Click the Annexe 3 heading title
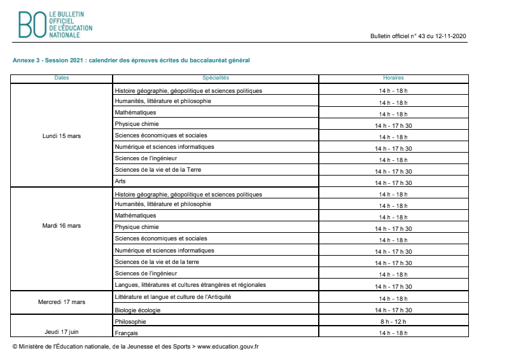(x=131, y=60)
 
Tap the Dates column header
(x=62, y=78)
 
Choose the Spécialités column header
(x=216, y=78)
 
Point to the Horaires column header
(x=393, y=78)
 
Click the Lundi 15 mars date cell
(x=62, y=136)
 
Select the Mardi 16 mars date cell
(x=62, y=226)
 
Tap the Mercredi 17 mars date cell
(x=62, y=302)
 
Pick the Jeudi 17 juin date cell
(x=62, y=331)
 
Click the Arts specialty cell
(x=120, y=181)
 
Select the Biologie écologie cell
(x=137, y=310)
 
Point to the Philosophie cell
(x=131, y=322)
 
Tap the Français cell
(x=126, y=333)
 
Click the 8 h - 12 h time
(x=393, y=322)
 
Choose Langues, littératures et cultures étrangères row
(x=190, y=284)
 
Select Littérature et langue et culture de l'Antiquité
(x=172, y=297)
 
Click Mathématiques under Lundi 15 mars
(x=135, y=113)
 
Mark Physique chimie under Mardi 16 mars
(x=137, y=227)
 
